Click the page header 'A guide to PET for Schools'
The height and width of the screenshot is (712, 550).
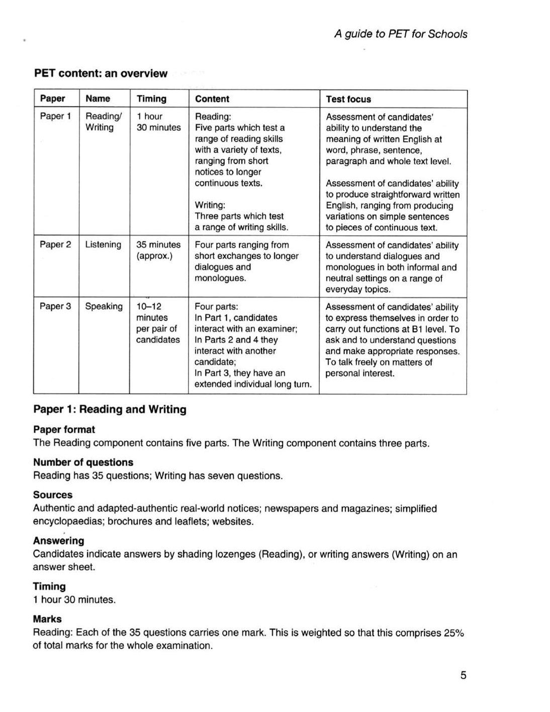point(401,34)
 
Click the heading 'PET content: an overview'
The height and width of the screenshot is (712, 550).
point(101,73)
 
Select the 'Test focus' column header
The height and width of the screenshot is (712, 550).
point(348,99)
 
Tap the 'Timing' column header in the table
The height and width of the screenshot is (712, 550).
point(151,99)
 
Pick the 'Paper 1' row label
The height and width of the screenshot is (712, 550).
point(55,116)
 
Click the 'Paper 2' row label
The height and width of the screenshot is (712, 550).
point(55,245)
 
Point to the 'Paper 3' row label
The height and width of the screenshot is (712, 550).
point(55,306)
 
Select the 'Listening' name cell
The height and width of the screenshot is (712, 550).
point(103,245)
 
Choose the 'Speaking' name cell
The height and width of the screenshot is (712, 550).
point(104,306)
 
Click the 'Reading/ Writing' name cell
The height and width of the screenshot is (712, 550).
point(103,122)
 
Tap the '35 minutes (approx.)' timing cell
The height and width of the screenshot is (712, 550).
point(158,250)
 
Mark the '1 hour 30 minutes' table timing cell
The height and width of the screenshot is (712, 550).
point(158,122)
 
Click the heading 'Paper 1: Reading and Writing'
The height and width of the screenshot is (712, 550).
point(110,410)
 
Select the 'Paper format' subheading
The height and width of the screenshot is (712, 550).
point(64,430)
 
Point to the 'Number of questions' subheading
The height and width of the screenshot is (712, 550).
point(83,462)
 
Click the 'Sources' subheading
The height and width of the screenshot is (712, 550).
point(53,495)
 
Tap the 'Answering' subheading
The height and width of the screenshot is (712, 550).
point(58,541)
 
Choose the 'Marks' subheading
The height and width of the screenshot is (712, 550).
point(47,619)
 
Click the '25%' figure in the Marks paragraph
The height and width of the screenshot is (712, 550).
point(453,633)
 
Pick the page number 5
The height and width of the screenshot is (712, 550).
point(463,675)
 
